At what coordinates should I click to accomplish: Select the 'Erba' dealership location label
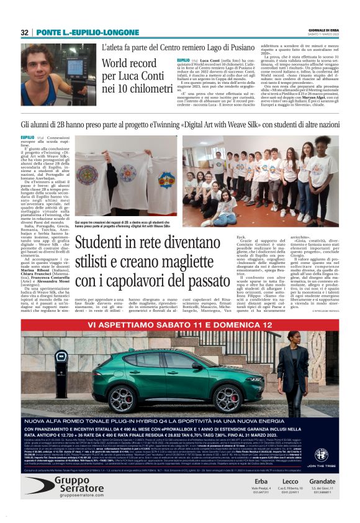[262, 481]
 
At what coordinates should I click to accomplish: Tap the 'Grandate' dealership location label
[322, 481]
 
